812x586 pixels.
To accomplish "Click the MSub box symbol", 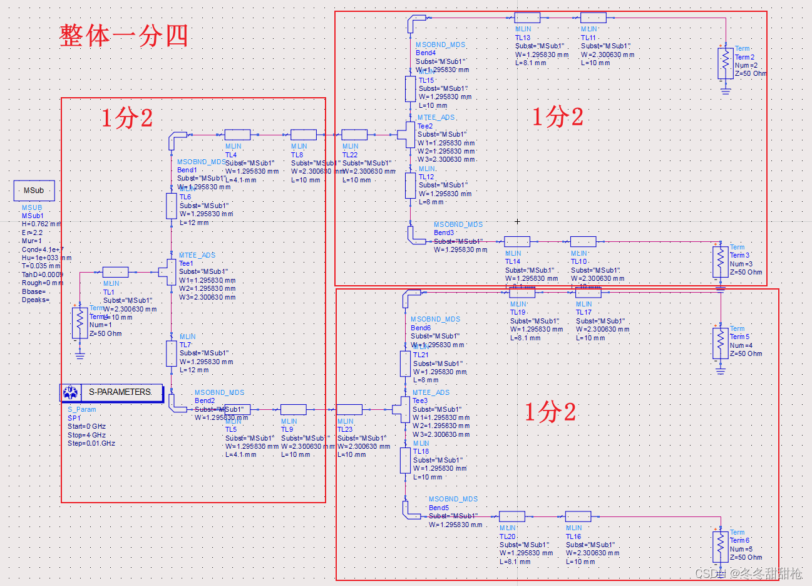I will tap(34, 191).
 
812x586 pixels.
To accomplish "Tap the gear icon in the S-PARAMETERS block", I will tap(70, 393).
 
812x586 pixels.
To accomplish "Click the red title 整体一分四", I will tap(123, 36).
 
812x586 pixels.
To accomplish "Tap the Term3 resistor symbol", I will tap(721, 262).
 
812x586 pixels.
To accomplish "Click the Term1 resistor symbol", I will tap(80, 323).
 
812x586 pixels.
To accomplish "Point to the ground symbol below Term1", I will tap(80, 355).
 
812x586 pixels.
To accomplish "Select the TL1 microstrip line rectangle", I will tap(115, 272).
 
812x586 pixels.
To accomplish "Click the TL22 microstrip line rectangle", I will tap(354, 134).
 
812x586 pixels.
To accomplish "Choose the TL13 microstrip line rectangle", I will tap(527, 18).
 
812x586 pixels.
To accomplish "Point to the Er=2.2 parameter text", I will tap(33, 233).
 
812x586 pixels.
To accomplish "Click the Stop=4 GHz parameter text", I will tap(86, 435).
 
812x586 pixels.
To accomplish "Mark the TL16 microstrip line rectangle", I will tap(578, 516).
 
